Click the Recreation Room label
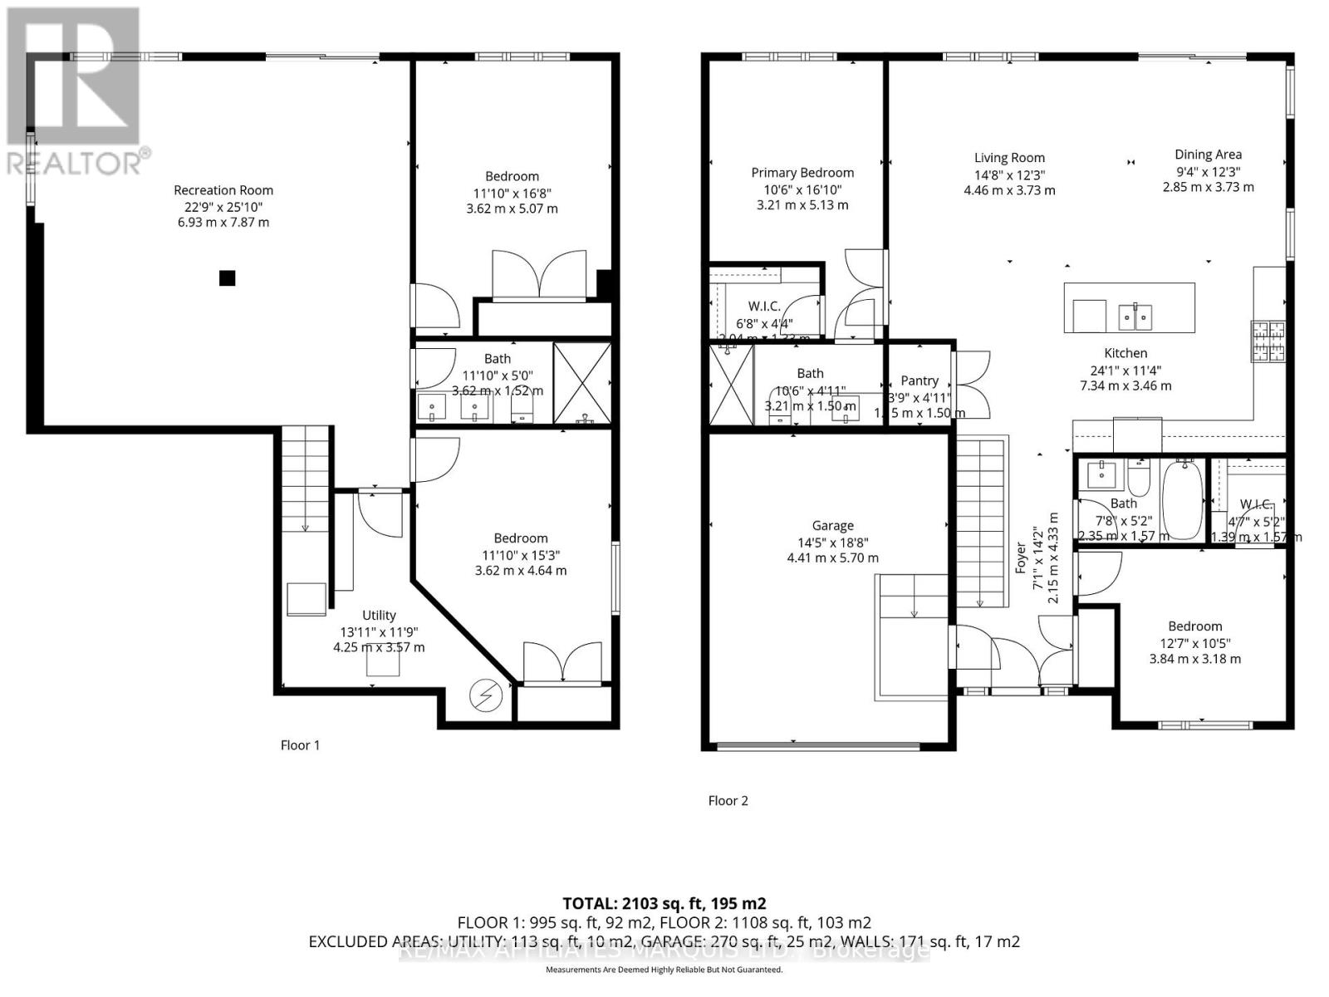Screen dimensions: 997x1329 pyautogui.click(x=223, y=190)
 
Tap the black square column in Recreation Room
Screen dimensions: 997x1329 pyautogui.click(x=227, y=278)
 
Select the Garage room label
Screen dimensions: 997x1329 pyautogui.click(x=832, y=526)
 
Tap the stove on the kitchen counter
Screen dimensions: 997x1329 pyautogui.click(x=1268, y=341)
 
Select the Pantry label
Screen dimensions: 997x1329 pyautogui.click(x=920, y=381)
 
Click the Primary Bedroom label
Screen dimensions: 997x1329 pyautogui.click(x=802, y=173)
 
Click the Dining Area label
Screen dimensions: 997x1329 pyautogui.click(x=1208, y=155)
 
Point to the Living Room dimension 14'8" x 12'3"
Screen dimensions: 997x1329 pyautogui.click(x=1009, y=174)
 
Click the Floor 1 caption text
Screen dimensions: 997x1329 pyautogui.click(x=300, y=745)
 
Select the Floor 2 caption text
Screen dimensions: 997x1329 pyautogui.click(x=728, y=801)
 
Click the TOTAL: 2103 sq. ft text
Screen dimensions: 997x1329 pyautogui.click(x=664, y=903)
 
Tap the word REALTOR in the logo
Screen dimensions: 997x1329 pyautogui.click(x=72, y=164)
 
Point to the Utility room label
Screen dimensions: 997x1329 pyautogui.click(x=379, y=616)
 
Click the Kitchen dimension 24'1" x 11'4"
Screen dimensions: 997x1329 pyautogui.click(x=1125, y=370)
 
